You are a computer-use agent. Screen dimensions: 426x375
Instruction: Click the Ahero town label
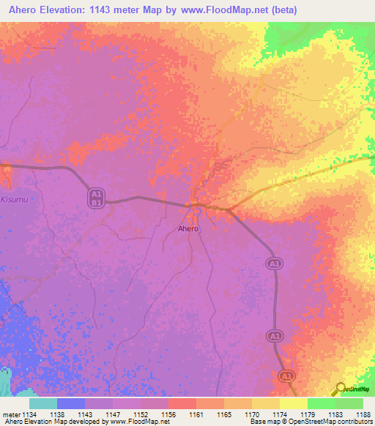tap(188, 228)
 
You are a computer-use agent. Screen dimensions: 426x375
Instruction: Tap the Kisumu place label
tap(14, 198)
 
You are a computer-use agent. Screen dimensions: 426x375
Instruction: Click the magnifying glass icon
tap(341, 389)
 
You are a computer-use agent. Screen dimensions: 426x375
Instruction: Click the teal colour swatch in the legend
tap(43, 403)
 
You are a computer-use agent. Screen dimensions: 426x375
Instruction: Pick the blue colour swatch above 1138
tap(71, 403)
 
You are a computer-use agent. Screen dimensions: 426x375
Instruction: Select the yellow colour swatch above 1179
tap(294, 403)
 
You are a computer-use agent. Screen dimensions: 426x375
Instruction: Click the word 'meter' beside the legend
tap(10, 413)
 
